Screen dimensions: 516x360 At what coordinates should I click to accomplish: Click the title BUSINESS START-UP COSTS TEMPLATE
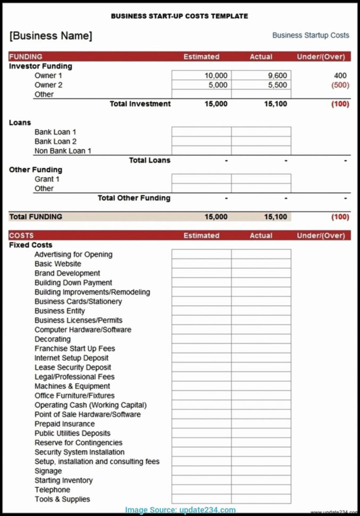pyautogui.click(x=179, y=16)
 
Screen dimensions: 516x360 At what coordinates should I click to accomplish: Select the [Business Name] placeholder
pyautogui.click(x=51, y=36)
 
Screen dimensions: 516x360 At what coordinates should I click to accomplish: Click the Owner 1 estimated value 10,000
pyautogui.click(x=216, y=76)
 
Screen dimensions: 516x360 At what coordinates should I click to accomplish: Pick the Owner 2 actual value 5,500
pyautogui.click(x=277, y=85)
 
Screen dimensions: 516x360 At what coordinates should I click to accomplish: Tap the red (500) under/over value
pyautogui.click(x=340, y=85)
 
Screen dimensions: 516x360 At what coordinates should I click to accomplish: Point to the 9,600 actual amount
pyautogui.click(x=277, y=76)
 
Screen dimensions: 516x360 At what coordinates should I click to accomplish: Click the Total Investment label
pyautogui.click(x=140, y=104)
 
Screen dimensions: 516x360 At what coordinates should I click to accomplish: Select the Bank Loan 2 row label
pyautogui.click(x=55, y=142)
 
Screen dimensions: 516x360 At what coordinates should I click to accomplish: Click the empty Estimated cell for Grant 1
pyautogui.click(x=201, y=179)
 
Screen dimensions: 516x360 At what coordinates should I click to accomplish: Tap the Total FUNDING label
pyautogui.click(x=36, y=217)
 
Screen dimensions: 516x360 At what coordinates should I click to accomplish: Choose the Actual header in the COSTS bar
pyautogui.click(x=261, y=236)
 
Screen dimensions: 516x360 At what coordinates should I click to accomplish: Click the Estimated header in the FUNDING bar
pyautogui.click(x=201, y=56)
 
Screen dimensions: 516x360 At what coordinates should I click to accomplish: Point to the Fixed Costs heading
pyautogui.click(x=30, y=245)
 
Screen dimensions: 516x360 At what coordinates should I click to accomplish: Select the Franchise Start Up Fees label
pyautogui.click(x=74, y=348)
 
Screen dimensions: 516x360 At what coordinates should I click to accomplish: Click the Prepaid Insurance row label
pyautogui.click(x=64, y=424)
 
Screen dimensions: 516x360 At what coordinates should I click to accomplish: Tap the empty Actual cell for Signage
pyautogui.click(x=261, y=471)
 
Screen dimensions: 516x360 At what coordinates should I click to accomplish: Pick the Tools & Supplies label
pyautogui.click(x=62, y=499)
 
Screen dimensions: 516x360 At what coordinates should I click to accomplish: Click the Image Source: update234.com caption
pyautogui.click(x=180, y=510)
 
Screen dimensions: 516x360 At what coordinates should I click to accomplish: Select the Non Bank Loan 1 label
pyautogui.click(x=63, y=151)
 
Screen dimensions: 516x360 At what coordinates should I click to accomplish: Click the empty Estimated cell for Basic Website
pyautogui.click(x=201, y=264)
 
